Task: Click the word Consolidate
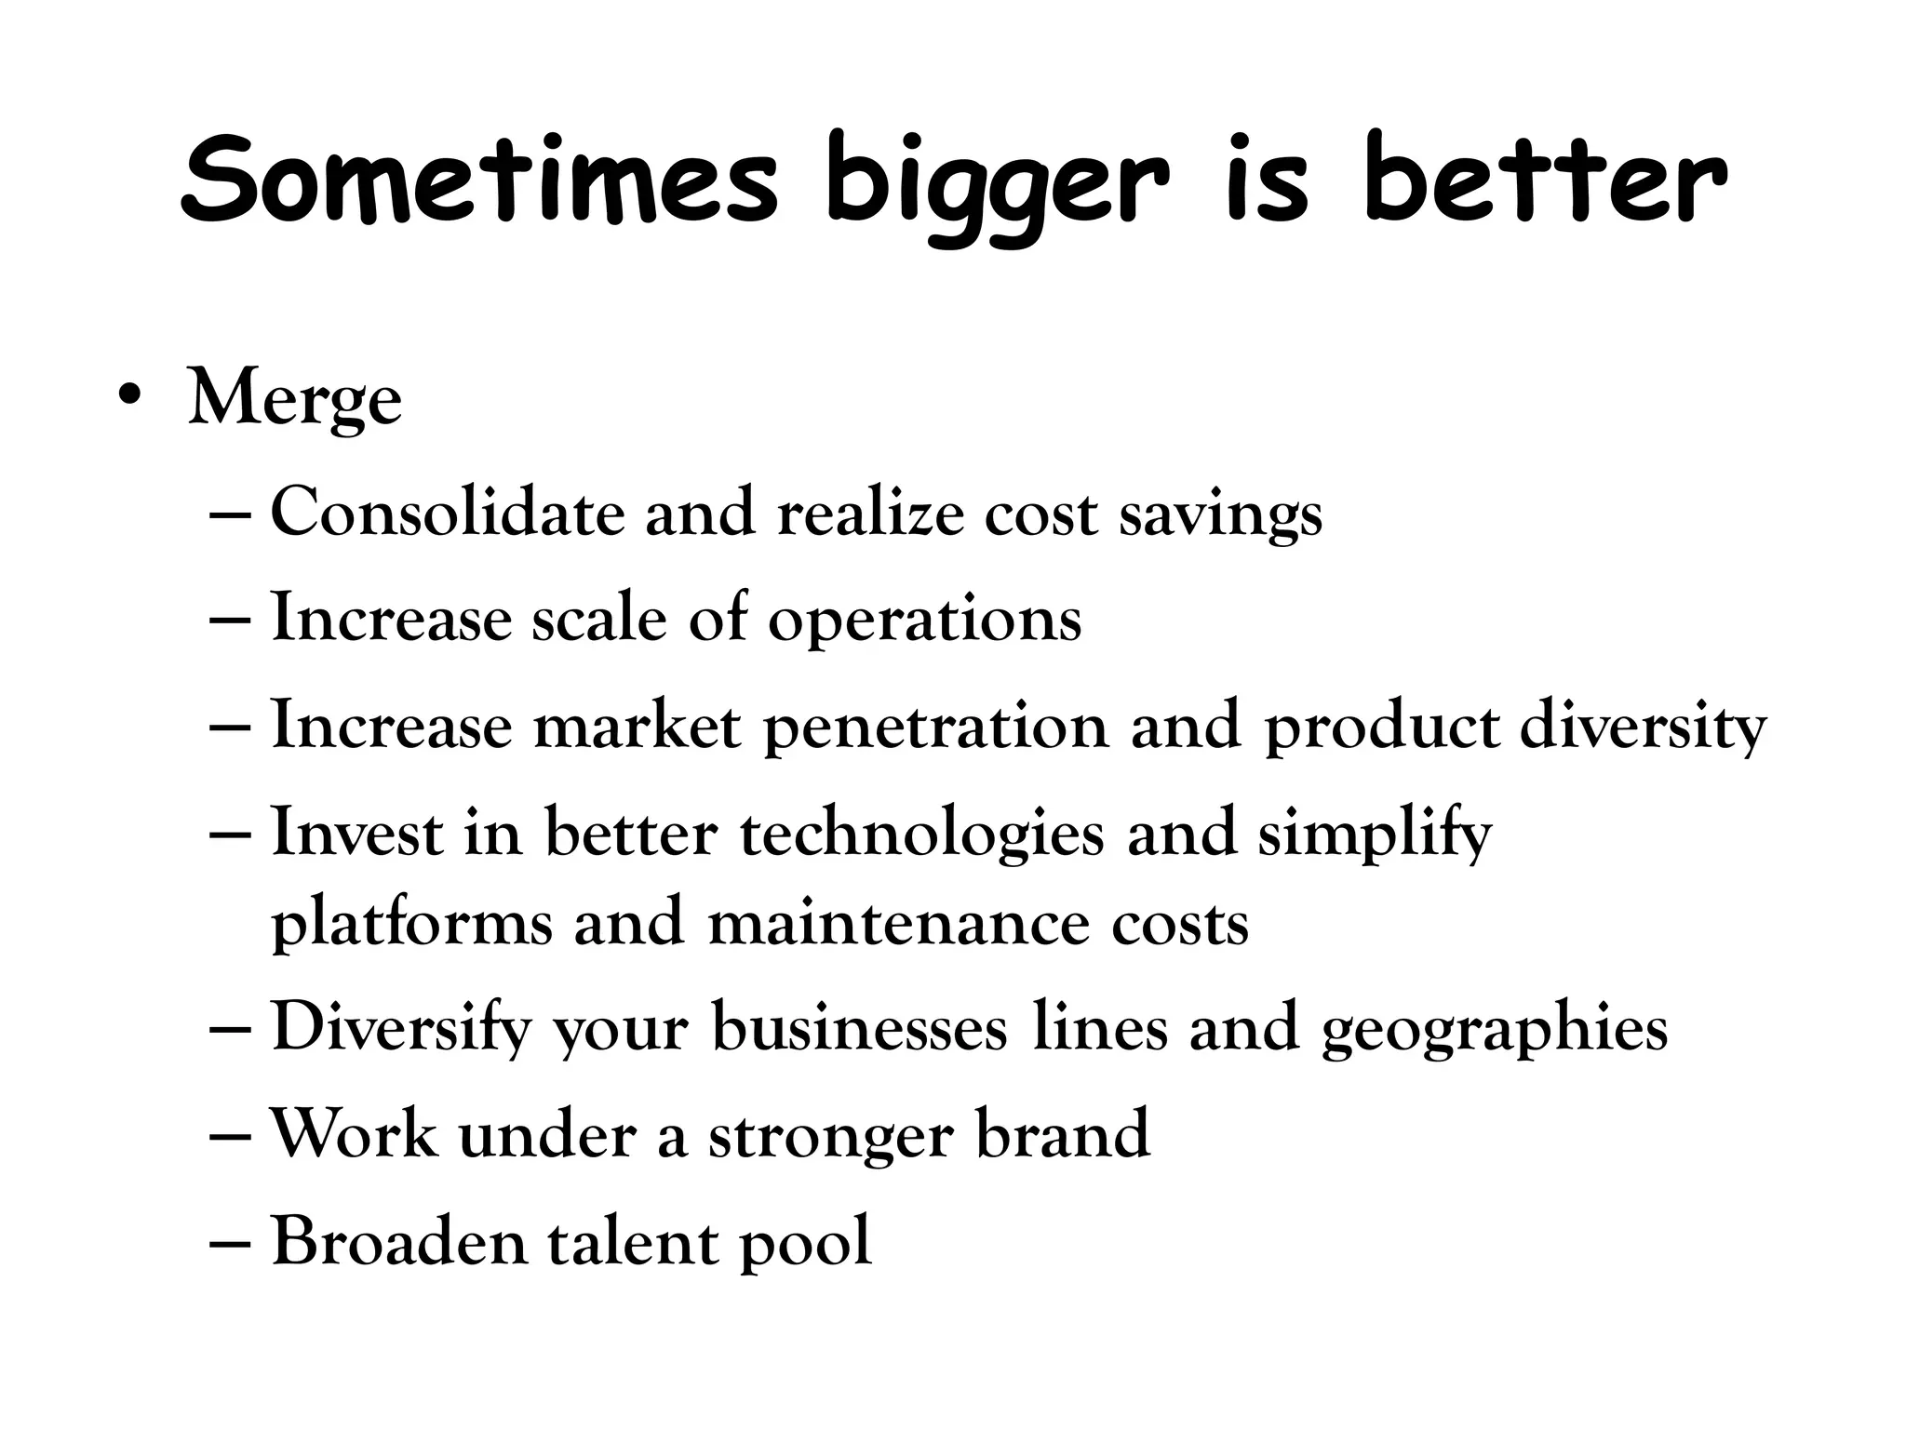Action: click(448, 513)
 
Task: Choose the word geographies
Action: click(1495, 1031)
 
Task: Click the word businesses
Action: click(860, 1029)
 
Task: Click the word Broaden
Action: click(399, 1241)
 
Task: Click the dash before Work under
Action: click(232, 1138)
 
